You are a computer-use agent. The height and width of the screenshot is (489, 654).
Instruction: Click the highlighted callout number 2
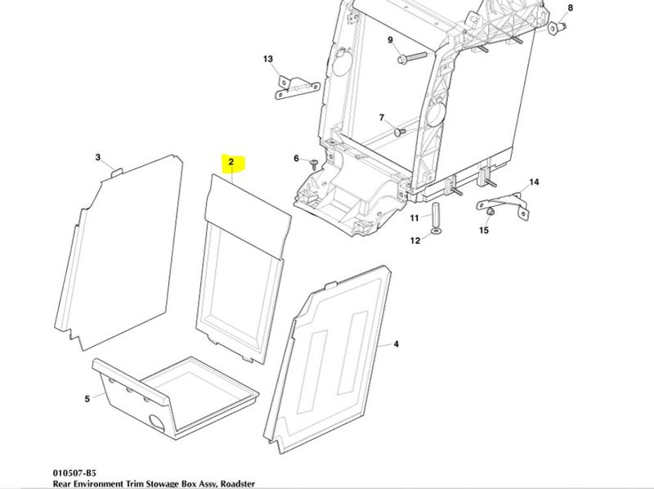click(x=231, y=162)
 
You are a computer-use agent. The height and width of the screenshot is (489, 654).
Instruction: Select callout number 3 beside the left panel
click(x=98, y=157)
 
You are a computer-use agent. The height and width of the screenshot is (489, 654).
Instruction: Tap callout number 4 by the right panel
click(x=396, y=344)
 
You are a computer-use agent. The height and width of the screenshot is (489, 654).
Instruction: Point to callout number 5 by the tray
click(x=87, y=399)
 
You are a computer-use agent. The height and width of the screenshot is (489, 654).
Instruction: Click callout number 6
click(x=297, y=158)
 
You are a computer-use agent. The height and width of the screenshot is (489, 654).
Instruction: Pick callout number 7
click(x=381, y=118)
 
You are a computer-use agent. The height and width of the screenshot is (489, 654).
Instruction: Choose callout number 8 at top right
click(x=571, y=7)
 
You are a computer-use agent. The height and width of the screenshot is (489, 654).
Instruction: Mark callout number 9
click(x=391, y=40)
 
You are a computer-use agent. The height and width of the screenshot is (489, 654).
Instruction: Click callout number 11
click(x=414, y=218)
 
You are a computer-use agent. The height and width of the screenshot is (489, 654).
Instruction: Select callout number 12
click(x=414, y=240)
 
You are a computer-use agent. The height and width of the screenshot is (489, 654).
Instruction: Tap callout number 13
click(x=267, y=59)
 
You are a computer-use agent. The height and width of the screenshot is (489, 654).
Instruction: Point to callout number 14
click(x=535, y=182)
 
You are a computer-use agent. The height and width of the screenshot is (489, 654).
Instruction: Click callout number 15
click(x=483, y=231)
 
